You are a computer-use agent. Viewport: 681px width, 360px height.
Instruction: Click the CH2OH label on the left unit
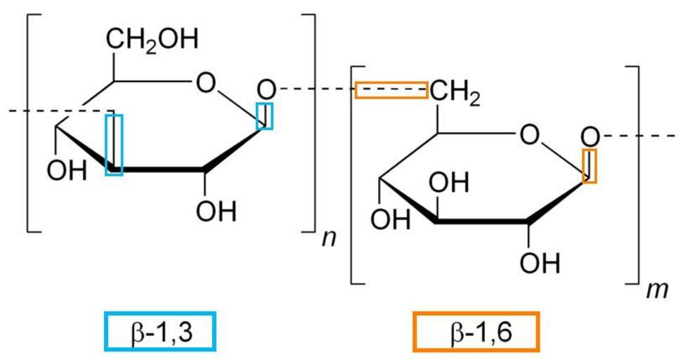[x=152, y=39]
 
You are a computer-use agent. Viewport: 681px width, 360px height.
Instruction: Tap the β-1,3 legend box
[x=161, y=331]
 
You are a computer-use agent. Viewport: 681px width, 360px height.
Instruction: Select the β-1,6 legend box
[x=476, y=331]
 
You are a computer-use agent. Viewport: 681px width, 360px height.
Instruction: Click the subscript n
[x=329, y=238]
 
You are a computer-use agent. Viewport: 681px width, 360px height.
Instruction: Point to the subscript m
[x=657, y=290]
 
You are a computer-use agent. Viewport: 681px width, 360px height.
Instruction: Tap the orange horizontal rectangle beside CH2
[x=391, y=90]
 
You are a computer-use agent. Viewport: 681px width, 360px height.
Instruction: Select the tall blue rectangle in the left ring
[x=115, y=145]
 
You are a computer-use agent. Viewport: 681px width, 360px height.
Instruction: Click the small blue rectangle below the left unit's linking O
[x=264, y=115]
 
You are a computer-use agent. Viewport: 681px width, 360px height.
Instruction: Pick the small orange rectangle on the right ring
[x=590, y=166]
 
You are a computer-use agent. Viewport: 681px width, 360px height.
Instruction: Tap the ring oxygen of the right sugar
[x=529, y=136]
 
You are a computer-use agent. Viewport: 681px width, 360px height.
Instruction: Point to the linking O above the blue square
[x=266, y=90]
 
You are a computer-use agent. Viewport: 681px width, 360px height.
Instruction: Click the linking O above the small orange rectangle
[x=590, y=139]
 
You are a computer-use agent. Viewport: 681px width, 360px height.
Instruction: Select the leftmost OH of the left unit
[x=67, y=171]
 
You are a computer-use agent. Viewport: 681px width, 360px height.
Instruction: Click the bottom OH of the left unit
[x=216, y=212]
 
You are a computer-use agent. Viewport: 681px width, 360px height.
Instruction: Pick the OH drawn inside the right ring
[x=448, y=183]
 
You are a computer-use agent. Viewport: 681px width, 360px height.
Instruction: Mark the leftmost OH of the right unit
[x=390, y=219]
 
